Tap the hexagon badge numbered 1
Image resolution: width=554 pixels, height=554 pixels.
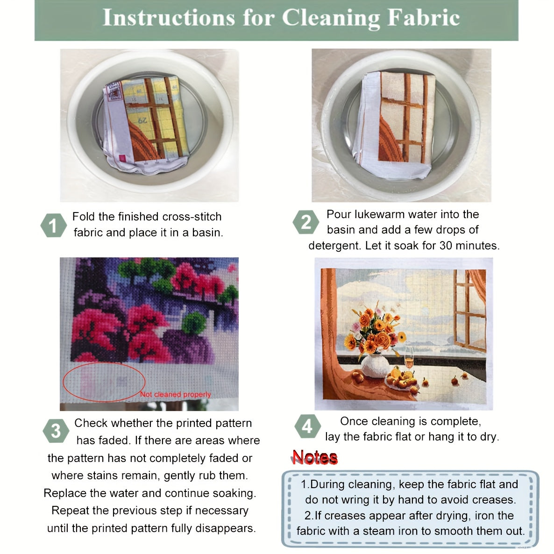pos(53,226)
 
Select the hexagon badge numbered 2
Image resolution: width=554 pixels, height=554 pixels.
pos(305,222)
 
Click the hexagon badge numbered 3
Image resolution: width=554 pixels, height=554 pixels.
pos(56,431)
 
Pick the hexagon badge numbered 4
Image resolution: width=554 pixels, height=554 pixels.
pos(307,426)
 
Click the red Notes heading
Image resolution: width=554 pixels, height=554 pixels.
pos(314,457)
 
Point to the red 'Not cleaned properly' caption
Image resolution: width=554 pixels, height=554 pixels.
pos(176,395)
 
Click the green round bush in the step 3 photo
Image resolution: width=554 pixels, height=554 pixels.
pos(194,322)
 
